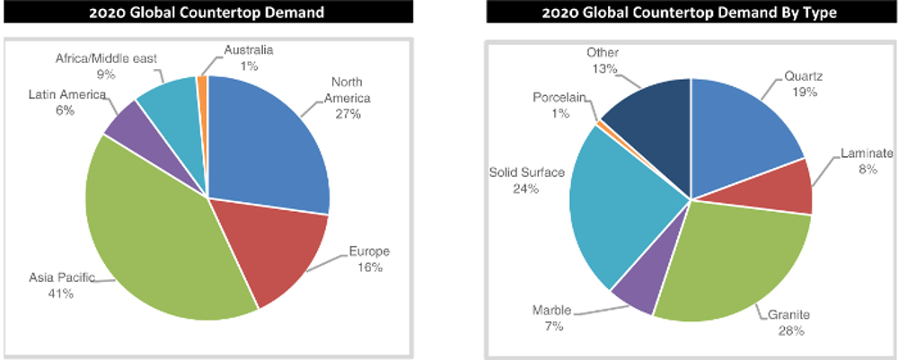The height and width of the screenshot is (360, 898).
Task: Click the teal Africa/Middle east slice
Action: [x=171, y=103]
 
